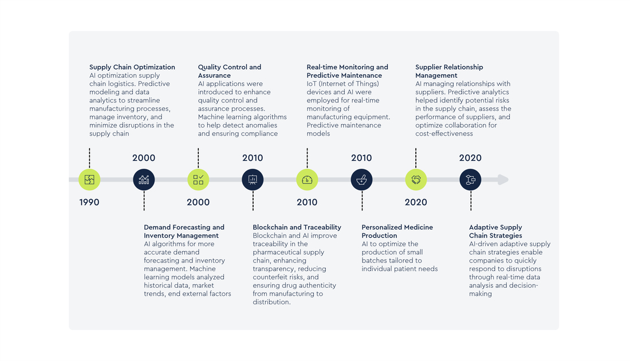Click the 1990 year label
89,202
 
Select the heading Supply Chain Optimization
132,67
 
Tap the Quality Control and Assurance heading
230,71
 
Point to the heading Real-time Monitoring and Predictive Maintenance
347,71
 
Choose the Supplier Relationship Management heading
449,71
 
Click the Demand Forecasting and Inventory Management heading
184,231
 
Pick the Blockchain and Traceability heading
297,227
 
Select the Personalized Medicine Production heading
397,231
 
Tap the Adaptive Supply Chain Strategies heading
495,231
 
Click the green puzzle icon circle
89,180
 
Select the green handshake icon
416,180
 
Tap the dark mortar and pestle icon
361,180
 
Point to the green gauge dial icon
307,180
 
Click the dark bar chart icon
144,180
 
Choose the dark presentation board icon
253,180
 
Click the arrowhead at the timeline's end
503,180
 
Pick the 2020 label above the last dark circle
470,158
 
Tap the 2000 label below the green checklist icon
198,202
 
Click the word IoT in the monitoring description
312,84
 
